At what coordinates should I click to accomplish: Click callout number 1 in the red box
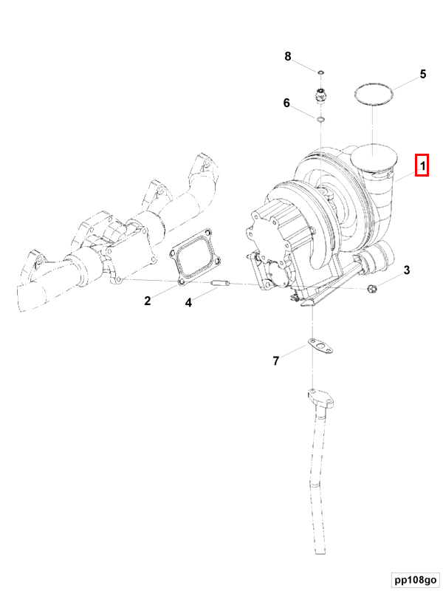(422, 166)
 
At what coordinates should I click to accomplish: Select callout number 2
(148, 300)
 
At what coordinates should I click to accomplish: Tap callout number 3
(406, 270)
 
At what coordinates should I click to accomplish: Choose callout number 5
(422, 74)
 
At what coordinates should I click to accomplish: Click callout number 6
(286, 103)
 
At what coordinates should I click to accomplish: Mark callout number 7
(276, 361)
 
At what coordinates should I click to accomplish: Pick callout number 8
(289, 56)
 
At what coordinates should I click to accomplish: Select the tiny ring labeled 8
(321, 72)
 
